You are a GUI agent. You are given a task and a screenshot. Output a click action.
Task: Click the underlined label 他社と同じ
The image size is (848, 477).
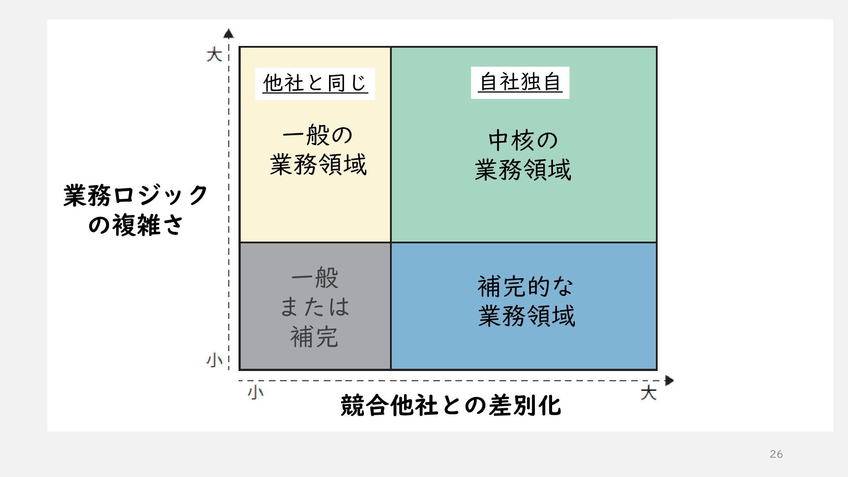(x=315, y=83)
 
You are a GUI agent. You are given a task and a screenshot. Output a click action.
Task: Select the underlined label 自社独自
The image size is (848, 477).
(x=520, y=83)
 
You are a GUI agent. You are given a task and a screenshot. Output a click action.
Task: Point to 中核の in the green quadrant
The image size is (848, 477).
(x=523, y=140)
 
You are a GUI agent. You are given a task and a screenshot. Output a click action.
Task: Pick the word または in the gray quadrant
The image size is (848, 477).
(x=315, y=307)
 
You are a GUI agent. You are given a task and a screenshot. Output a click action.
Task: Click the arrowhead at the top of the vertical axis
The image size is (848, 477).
(x=228, y=34)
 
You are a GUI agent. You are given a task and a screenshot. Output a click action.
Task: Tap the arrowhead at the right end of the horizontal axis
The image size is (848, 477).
(x=669, y=380)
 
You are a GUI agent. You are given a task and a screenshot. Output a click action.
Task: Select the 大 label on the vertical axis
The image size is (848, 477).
(x=214, y=55)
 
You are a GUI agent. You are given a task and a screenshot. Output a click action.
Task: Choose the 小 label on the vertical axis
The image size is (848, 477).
(x=214, y=360)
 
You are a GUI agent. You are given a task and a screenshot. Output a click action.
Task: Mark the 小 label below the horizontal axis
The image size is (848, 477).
(x=255, y=392)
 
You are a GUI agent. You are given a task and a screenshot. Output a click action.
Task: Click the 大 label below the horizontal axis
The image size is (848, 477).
(x=648, y=393)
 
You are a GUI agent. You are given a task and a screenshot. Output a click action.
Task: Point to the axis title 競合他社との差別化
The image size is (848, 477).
(x=450, y=405)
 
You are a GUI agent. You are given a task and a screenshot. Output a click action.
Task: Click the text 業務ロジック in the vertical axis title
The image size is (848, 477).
(x=136, y=195)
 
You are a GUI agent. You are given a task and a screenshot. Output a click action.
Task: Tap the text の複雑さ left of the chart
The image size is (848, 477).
(x=136, y=225)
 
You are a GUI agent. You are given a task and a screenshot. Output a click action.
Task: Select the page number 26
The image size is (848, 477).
(x=776, y=454)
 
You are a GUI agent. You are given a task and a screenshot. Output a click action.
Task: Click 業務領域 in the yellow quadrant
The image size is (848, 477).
(x=318, y=165)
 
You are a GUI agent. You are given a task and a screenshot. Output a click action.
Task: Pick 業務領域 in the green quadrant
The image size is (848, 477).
(x=523, y=170)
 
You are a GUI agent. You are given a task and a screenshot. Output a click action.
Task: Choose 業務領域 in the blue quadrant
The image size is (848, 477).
(x=526, y=316)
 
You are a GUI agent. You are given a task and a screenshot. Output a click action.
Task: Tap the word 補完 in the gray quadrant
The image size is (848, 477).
(x=314, y=337)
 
